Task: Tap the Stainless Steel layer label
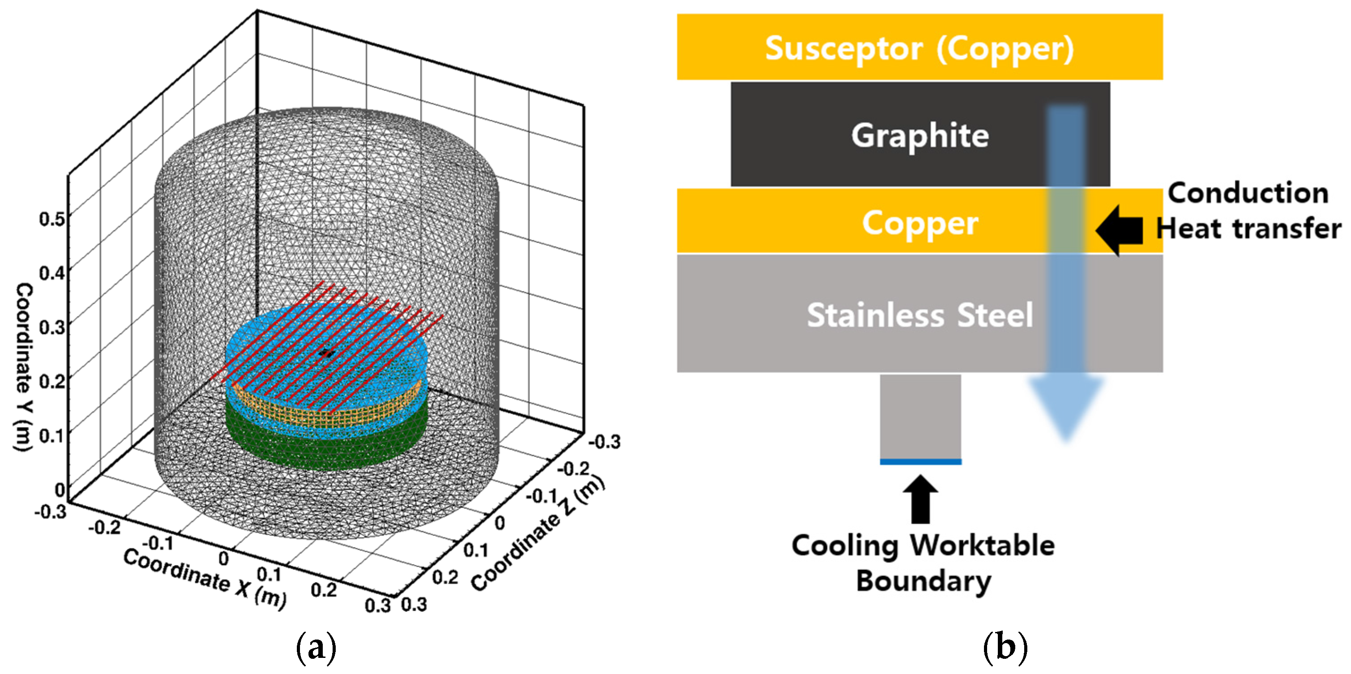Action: pyautogui.click(x=920, y=315)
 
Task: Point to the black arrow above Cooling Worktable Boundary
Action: pyautogui.click(x=920, y=499)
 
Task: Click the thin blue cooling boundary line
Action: pyautogui.click(x=920, y=461)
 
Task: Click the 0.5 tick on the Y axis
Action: pyautogui.click(x=52, y=218)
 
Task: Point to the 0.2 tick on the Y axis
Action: pyautogui.click(x=52, y=380)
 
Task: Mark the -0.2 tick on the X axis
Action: pyautogui.click(x=104, y=526)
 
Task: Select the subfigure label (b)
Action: pyautogui.click(x=1005, y=647)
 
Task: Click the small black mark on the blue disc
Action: pyautogui.click(x=327, y=353)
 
